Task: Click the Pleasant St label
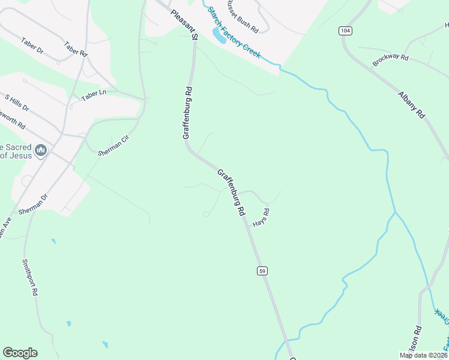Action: [184, 24]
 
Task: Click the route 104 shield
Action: [345, 31]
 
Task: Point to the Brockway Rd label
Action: [390, 59]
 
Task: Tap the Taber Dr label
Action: [32, 45]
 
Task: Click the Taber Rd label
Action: [76, 49]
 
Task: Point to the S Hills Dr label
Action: [17, 102]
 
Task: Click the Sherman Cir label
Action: [113, 145]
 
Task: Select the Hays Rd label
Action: [261, 217]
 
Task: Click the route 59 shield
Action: [262, 271]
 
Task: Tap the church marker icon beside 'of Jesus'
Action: [41, 150]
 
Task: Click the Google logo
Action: [20, 353]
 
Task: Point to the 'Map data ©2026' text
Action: [424, 355]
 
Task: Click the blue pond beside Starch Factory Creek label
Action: [218, 35]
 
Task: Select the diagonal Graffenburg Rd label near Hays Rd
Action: [231, 192]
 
